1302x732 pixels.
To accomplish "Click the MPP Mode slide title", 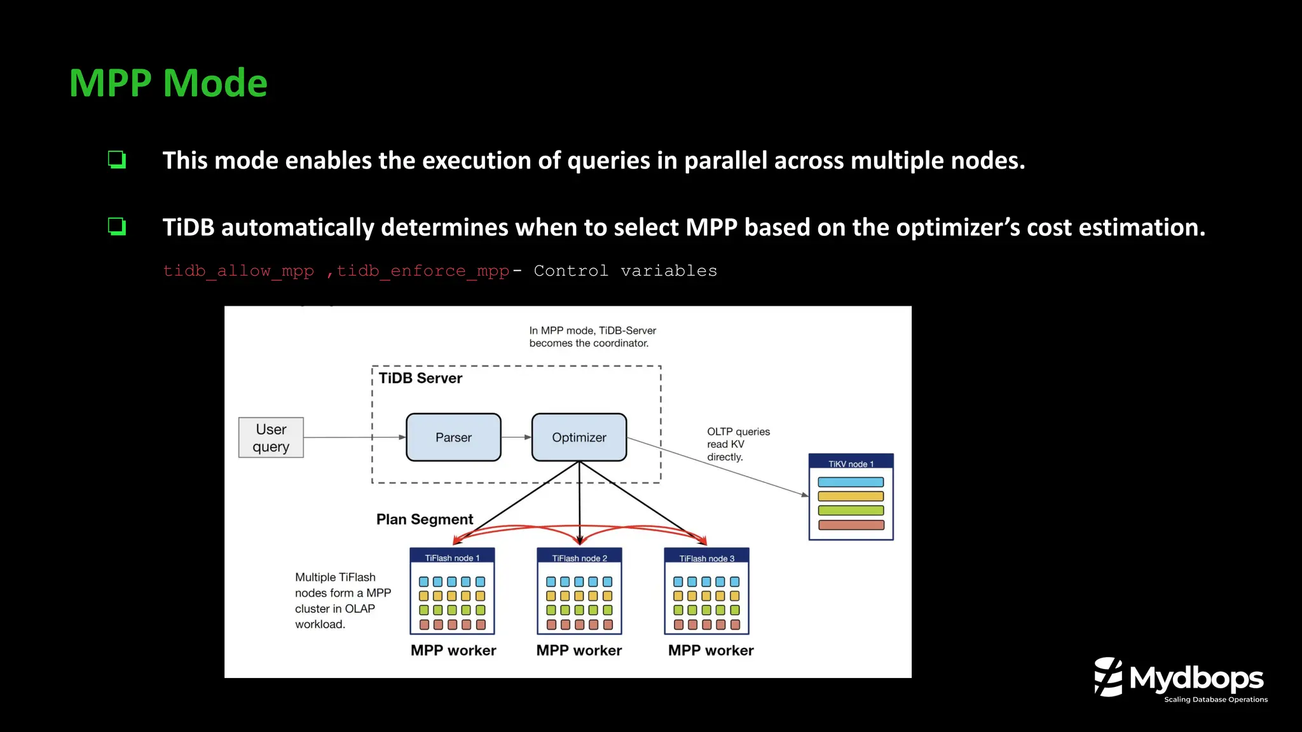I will tap(168, 83).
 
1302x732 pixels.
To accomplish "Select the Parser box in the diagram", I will tap(453, 437).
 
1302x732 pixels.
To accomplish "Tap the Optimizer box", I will tap(579, 437).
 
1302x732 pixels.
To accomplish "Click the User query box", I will tap(271, 438).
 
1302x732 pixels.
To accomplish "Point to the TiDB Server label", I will tap(420, 378).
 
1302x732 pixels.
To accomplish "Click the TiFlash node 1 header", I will tap(452, 557).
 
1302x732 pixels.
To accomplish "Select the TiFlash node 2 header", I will tap(579, 557).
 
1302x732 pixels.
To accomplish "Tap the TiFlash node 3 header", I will tap(706, 557).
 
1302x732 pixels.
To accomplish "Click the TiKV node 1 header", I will tap(851, 463).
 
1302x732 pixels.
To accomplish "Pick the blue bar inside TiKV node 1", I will tap(851, 482).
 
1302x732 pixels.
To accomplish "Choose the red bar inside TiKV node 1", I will tap(851, 525).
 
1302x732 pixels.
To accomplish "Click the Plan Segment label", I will tap(425, 519).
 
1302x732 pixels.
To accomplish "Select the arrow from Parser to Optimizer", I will tap(516, 437).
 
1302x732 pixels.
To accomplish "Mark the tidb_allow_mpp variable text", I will tap(238, 271).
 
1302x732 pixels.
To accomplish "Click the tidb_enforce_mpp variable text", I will tap(423, 271).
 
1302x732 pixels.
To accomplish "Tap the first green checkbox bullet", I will tap(117, 159).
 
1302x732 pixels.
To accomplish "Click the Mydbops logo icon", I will tap(1108, 677).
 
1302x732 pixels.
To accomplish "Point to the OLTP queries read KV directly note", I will tap(737, 444).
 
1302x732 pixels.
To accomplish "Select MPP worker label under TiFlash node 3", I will tap(711, 650).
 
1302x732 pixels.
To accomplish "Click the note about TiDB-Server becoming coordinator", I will tap(592, 337).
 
